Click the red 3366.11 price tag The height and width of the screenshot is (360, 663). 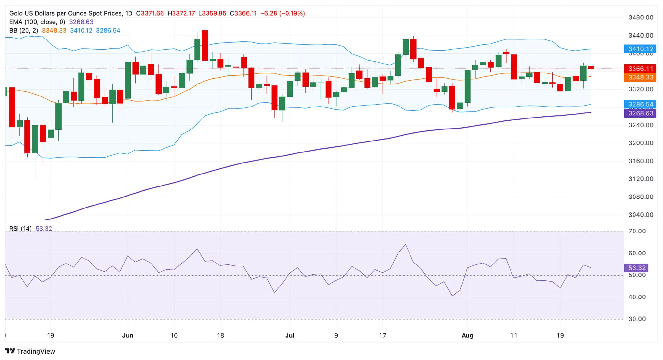[x=640, y=69]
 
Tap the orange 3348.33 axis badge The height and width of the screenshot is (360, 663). [x=640, y=77]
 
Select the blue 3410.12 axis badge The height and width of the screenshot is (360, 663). [x=640, y=49]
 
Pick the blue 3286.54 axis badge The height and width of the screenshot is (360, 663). [x=640, y=104]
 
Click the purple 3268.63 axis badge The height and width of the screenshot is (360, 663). [x=640, y=113]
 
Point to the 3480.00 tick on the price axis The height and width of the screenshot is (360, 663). [x=640, y=17]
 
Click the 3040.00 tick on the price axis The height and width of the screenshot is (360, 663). [x=640, y=215]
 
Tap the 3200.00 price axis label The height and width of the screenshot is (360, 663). [x=640, y=143]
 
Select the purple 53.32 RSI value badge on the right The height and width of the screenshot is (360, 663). [x=636, y=268]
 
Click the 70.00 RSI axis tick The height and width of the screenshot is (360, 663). [x=637, y=231]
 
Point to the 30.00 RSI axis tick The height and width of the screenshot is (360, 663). [x=637, y=319]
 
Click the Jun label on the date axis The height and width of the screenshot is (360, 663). [x=128, y=335]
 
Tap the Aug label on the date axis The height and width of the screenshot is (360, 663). [x=467, y=335]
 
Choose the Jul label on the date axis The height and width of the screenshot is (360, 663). [x=290, y=335]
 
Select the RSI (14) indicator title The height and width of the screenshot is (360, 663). [x=20, y=229]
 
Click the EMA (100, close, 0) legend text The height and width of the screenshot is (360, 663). [x=37, y=22]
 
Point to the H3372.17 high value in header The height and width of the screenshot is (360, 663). [x=181, y=13]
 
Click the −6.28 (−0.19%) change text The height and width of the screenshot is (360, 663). [x=283, y=13]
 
